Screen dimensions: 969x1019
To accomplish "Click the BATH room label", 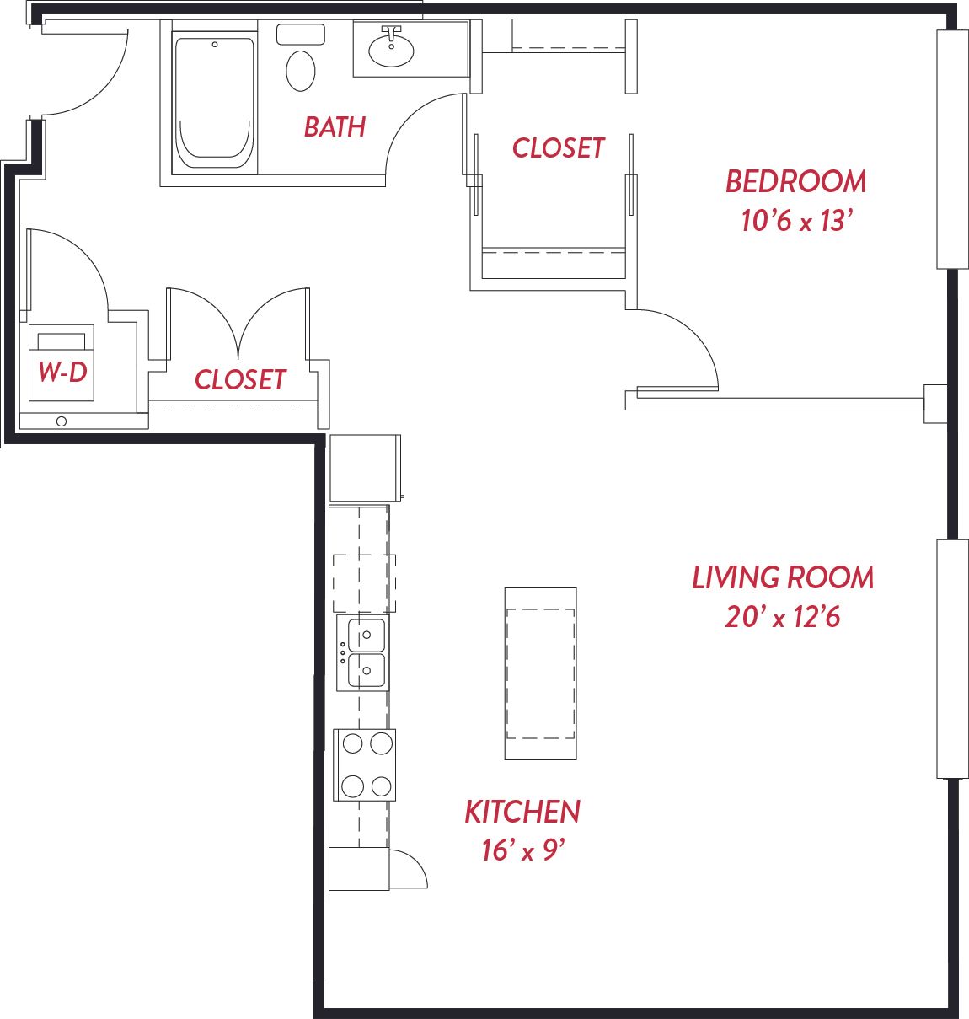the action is pos(335,127).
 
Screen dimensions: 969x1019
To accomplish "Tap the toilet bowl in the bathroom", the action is pos(301,71).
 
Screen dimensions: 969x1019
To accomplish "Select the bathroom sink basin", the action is pos(391,51).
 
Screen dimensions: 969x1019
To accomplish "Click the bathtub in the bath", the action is pos(214,103).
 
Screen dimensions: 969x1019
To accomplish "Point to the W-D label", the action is pos(62,372).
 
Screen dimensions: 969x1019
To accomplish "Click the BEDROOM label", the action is pos(796,182).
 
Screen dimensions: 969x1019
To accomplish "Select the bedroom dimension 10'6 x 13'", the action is pos(797,220).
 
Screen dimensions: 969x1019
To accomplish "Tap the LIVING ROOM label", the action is pos(783,578).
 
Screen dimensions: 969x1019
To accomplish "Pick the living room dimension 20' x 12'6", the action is pos(783,617).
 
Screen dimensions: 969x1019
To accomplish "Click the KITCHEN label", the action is pos(522,813).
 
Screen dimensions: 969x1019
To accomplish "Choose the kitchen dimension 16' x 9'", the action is pos(522,850).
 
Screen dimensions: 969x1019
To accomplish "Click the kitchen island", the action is pos(540,673).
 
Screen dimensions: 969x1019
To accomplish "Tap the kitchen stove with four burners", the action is pos(364,765).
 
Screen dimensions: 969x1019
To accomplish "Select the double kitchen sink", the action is pos(362,652).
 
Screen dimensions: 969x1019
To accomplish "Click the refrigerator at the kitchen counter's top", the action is pos(366,468).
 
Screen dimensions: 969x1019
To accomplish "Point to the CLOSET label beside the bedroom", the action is pos(558,147).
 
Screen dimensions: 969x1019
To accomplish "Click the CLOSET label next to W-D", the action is pos(240,379).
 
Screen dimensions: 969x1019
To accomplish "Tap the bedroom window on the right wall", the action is pos(952,149).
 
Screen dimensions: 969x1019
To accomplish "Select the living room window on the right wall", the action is pos(952,659).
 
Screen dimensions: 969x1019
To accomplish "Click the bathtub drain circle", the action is pos(215,45).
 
